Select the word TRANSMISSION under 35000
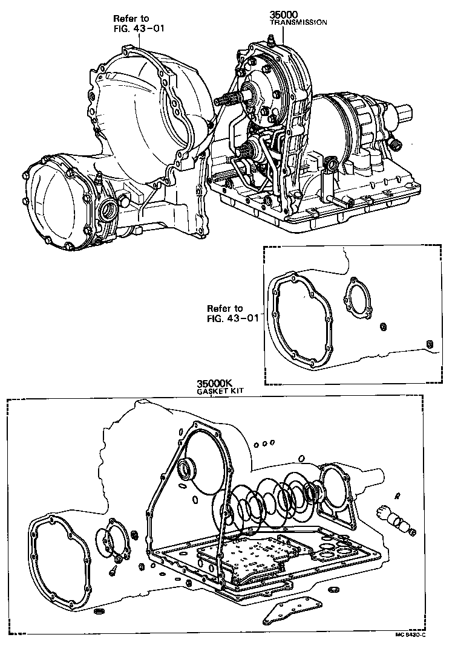(298, 22)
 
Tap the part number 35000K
(215, 384)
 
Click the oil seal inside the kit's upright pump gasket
(188, 471)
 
